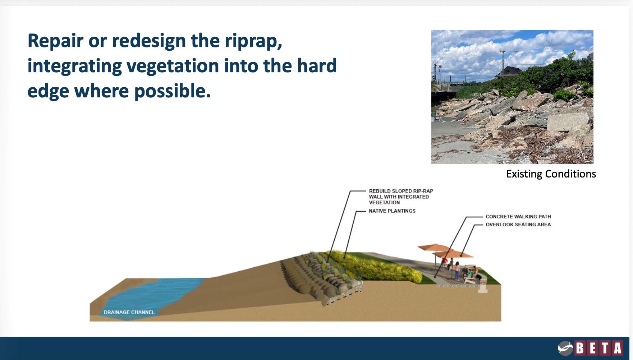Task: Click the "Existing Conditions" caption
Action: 551,174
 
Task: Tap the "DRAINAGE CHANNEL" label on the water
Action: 129,312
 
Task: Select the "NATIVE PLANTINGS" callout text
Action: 392,211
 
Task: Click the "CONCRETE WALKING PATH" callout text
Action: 518,217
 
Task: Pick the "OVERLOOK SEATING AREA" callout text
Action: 518,225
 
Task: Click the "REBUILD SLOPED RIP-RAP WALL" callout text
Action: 401,197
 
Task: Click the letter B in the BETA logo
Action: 579,348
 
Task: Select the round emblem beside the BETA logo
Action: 565,348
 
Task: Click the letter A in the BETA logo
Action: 618,348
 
